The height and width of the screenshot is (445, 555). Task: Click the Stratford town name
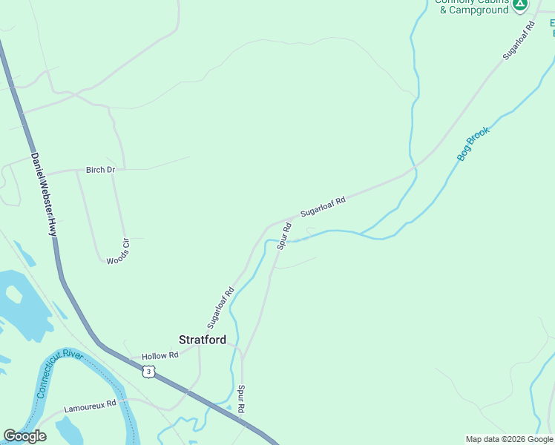click(203, 340)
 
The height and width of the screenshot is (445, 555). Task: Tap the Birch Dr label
click(101, 170)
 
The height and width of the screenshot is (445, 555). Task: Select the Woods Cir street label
click(118, 251)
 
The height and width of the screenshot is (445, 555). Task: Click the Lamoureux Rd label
click(91, 406)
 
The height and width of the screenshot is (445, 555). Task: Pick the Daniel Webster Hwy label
click(44, 194)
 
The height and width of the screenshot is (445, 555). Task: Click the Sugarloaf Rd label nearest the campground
click(518, 41)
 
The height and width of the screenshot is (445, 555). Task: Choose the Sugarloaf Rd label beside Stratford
click(221, 308)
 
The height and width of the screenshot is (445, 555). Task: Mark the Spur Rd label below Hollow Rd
click(241, 399)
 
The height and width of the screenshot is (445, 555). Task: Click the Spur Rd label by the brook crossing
click(283, 235)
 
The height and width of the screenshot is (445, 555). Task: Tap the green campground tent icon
click(521, 5)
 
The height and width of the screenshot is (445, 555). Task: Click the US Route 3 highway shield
click(151, 371)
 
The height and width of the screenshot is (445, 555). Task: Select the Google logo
click(24, 436)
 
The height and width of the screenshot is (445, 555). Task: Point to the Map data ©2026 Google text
click(508, 439)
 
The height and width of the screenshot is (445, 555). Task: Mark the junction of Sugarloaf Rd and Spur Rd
click(285, 221)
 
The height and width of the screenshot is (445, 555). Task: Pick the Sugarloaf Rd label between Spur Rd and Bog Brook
click(324, 207)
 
